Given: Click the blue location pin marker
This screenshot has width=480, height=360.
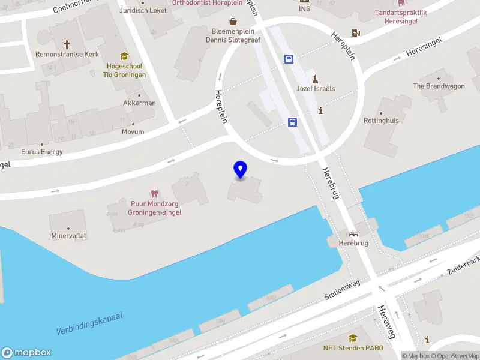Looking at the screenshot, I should [x=241, y=170].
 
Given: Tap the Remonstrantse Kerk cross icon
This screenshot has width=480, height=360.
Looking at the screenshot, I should [x=67, y=44].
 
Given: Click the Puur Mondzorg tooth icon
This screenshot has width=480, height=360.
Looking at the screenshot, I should [x=154, y=194].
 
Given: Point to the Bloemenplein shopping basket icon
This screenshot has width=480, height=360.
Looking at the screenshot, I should [x=232, y=22].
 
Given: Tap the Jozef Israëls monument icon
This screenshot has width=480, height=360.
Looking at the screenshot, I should [x=315, y=78].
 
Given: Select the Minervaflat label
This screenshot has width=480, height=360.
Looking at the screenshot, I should [x=68, y=236].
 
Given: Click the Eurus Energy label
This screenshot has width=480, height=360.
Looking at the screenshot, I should [x=41, y=152].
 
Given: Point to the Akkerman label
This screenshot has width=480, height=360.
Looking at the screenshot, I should [x=139, y=103].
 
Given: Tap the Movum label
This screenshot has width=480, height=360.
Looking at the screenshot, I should [x=133, y=131].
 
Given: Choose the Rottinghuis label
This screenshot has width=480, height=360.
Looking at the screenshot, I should [x=381, y=120].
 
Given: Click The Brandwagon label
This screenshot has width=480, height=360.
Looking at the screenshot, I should [x=439, y=86].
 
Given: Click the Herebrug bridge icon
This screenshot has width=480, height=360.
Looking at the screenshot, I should [x=353, y=234].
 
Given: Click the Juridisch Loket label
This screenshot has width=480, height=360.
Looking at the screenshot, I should [x=143, y=10].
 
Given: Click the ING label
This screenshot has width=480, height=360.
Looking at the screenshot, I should [x=305, y=8].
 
